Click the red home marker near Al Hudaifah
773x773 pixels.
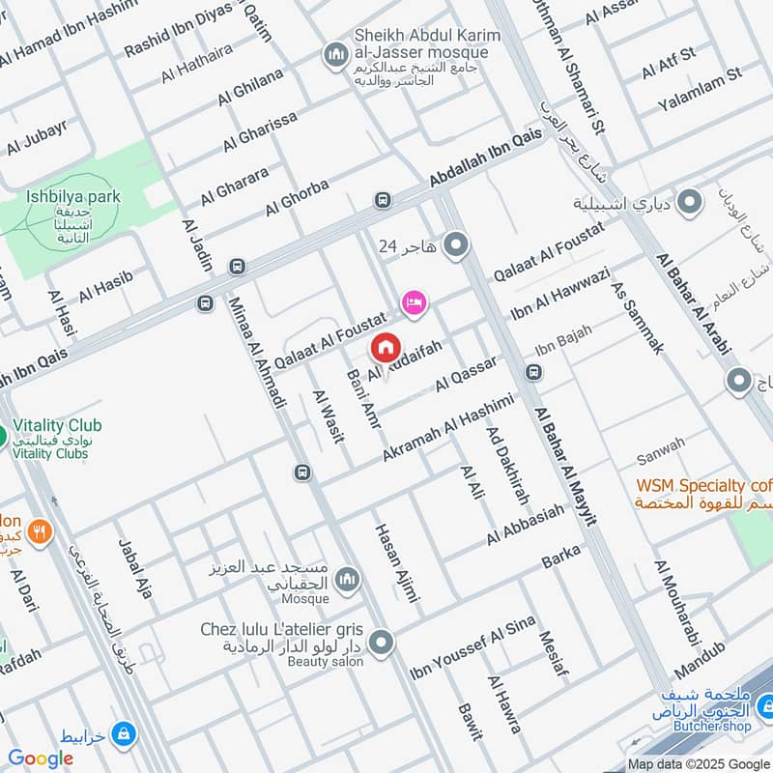click(x=385, y=346)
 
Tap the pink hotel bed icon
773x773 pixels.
click(x=415, y=302)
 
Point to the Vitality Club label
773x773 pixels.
click(x=58, y=425)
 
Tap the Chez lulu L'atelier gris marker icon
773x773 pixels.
click(x=384, y=641)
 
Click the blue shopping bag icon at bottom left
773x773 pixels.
click(x=123, y=736)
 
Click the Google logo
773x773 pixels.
click(x=41, y=759)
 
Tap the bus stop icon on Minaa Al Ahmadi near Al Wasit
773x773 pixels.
click(x=301, y=472)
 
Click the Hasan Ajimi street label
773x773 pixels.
click(x=397, y=570)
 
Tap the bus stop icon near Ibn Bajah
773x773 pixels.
click(x=532, y=372)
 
